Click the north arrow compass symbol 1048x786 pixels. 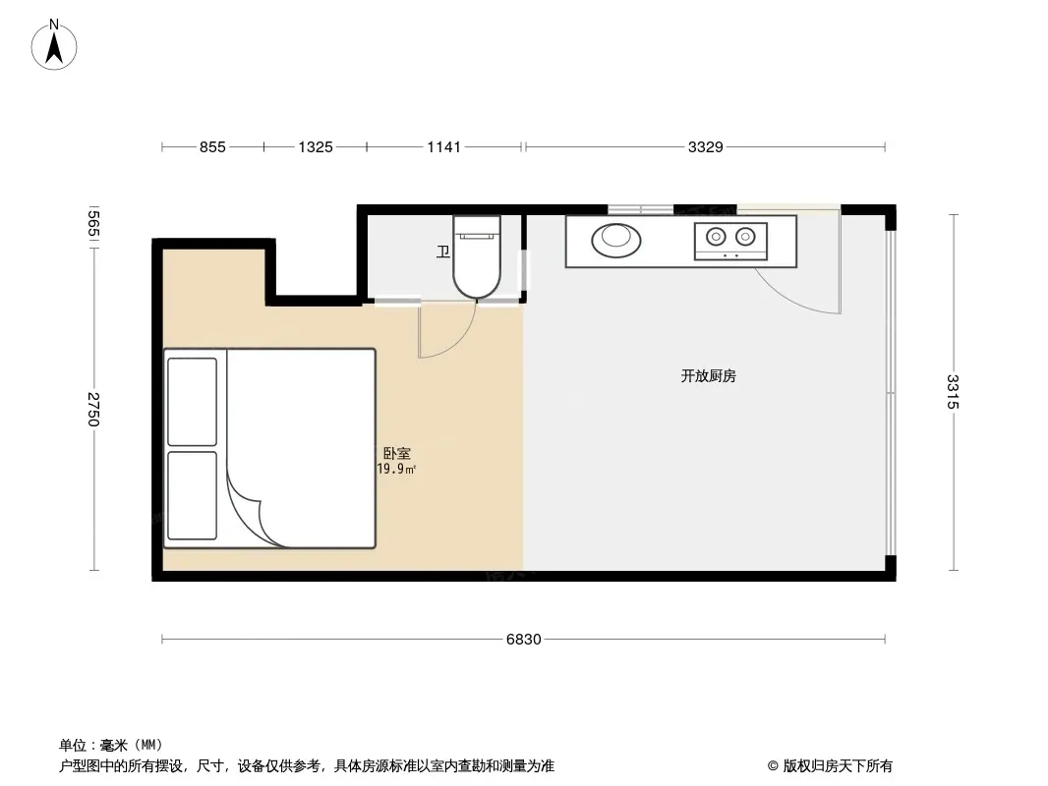54,45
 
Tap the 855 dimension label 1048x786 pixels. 212,147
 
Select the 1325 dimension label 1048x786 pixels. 316,147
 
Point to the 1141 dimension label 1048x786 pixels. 443,147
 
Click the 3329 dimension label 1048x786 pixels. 706,147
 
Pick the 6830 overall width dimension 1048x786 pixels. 523,639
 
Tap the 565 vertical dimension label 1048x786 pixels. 93,224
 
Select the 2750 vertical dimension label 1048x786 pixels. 93,410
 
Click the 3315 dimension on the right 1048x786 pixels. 953,392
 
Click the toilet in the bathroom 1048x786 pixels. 477,255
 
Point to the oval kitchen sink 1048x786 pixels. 615,240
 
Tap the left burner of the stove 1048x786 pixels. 716,237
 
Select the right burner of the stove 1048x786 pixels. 745,237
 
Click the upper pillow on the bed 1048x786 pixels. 192,402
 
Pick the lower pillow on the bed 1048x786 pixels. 192,495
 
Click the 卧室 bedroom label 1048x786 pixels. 396,454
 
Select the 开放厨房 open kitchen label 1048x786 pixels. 709,376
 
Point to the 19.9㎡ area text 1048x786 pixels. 396,469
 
